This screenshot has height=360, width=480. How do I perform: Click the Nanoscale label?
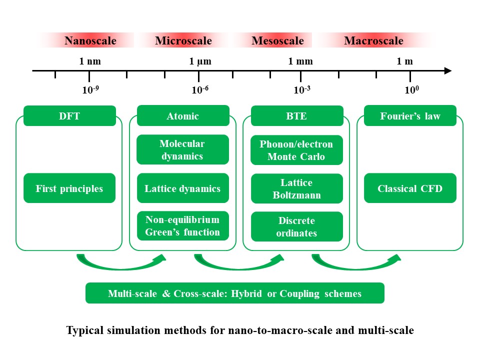[x=90, y=40]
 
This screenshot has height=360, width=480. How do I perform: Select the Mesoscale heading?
[x=277, y=40]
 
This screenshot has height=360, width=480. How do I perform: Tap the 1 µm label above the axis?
[x=200, y=61]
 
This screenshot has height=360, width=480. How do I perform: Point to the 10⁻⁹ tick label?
[x=90, y=89]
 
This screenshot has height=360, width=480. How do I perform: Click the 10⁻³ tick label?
[x=302, y=89]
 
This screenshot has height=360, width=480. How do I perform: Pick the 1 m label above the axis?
[x=404, y=61]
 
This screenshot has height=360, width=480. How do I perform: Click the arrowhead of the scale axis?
[x=448, y=70]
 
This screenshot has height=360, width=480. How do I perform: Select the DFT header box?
[x=70, y=115]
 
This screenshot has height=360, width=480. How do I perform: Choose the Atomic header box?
[x=183, y=115]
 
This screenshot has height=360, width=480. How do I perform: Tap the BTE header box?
[x=297, y=115]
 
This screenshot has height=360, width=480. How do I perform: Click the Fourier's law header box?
[x=410, y=115]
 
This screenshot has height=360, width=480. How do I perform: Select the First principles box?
[x=69, y=188]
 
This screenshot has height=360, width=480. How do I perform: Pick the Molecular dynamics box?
[x=183, y=149]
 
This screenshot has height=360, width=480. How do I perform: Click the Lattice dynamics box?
[x=183, y=188]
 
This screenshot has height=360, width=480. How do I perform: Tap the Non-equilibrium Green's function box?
[x=183, y=226]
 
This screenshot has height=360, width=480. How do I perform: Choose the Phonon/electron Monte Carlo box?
[x=296, y=150]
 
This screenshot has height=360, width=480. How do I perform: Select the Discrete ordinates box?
[x=297, y=226]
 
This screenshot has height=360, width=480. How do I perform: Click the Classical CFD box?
[x=410, y=188]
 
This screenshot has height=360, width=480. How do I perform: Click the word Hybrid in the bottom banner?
[x=246, y=293]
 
